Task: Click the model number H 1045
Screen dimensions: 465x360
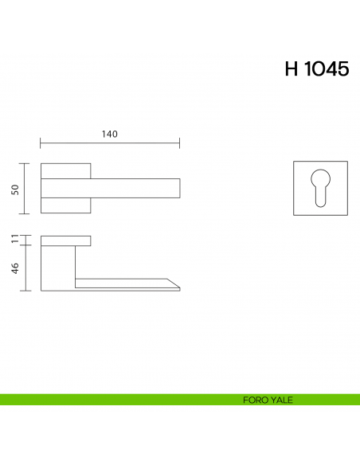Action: pyautogui.click(x=316, y=69)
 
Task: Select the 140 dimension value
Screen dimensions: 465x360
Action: pyautogui.click(x=110, y=135)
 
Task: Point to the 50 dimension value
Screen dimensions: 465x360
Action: pyautogui.click(x=15, y=189)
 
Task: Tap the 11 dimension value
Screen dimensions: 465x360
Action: pyautogui.click(x=15, y=239)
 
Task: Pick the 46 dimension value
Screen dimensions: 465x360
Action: pyautogui.click(x=15, y=269)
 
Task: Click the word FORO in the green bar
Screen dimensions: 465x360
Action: pyautogui.click(x=255, y=400)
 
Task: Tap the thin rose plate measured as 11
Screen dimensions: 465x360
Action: pyautogui.click(x=65, y=240)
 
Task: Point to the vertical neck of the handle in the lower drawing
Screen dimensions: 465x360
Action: pyautogui.click(x=57, y=267)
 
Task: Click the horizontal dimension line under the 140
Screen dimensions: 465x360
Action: pyautogui.click(x=110, y=144)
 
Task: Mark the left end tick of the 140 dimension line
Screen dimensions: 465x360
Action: pyautogui.click(x=41, y=144)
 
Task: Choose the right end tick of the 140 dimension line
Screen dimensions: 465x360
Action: pyautogui.click(x=180, y=144)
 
